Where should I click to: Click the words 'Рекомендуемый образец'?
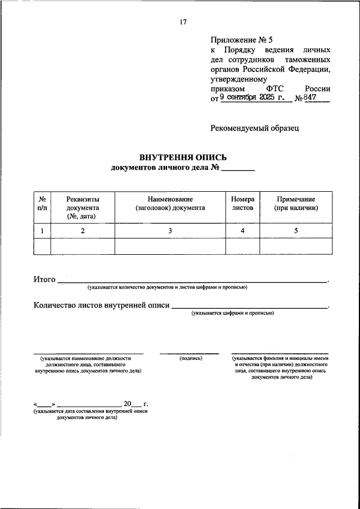(x=255, y=128)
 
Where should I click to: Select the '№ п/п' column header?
(x=42, y=204)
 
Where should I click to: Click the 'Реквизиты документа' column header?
(x=83, y=208)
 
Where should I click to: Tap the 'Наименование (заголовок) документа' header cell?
(x=170, y=204)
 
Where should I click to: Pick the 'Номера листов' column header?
(x=243, y=204)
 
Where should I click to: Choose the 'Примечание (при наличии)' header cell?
(x=296, y=204)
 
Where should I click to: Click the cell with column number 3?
(x=170, y=231)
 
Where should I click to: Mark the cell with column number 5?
(x=296, y=231)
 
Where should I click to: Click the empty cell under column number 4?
(x=243, y=246)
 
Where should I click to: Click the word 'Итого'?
(x=44, y=279)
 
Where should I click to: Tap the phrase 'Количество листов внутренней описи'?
(x=101, y=306)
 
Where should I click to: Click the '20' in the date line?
(x=127, y=404)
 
